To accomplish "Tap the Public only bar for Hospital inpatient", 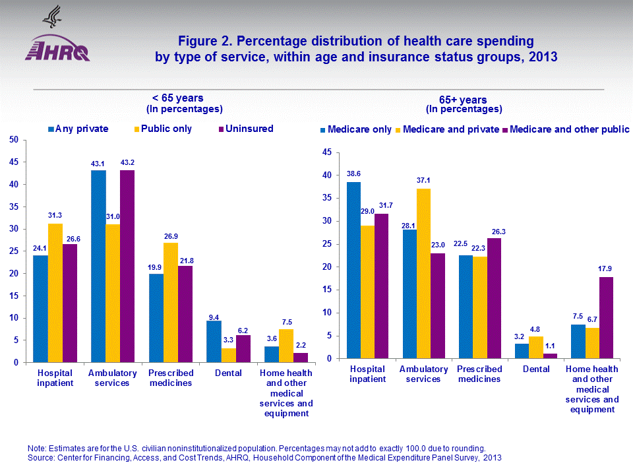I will click(55, 293).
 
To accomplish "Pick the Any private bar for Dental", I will click(214, 341).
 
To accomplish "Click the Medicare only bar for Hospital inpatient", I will click(354, 270).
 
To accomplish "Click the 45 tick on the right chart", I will click(326, 152).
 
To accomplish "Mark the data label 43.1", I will click(98, 163).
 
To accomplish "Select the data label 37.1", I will click(423, 181).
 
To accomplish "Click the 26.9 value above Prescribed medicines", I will click(171, 236).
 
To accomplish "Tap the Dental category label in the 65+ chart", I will click(536, 369).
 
